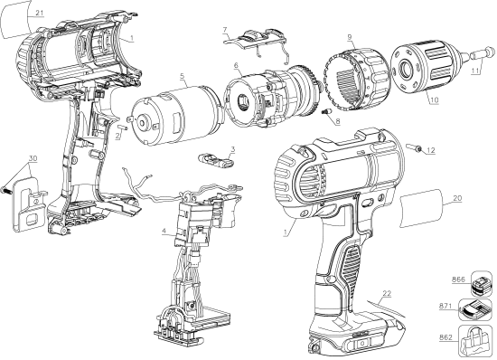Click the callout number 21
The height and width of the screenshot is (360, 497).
(x=14, y=13)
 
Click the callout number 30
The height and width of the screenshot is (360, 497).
(x=33, y=157)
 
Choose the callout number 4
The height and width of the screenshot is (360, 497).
(x=163, y=232)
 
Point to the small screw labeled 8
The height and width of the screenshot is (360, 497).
(x=323, y=109)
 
